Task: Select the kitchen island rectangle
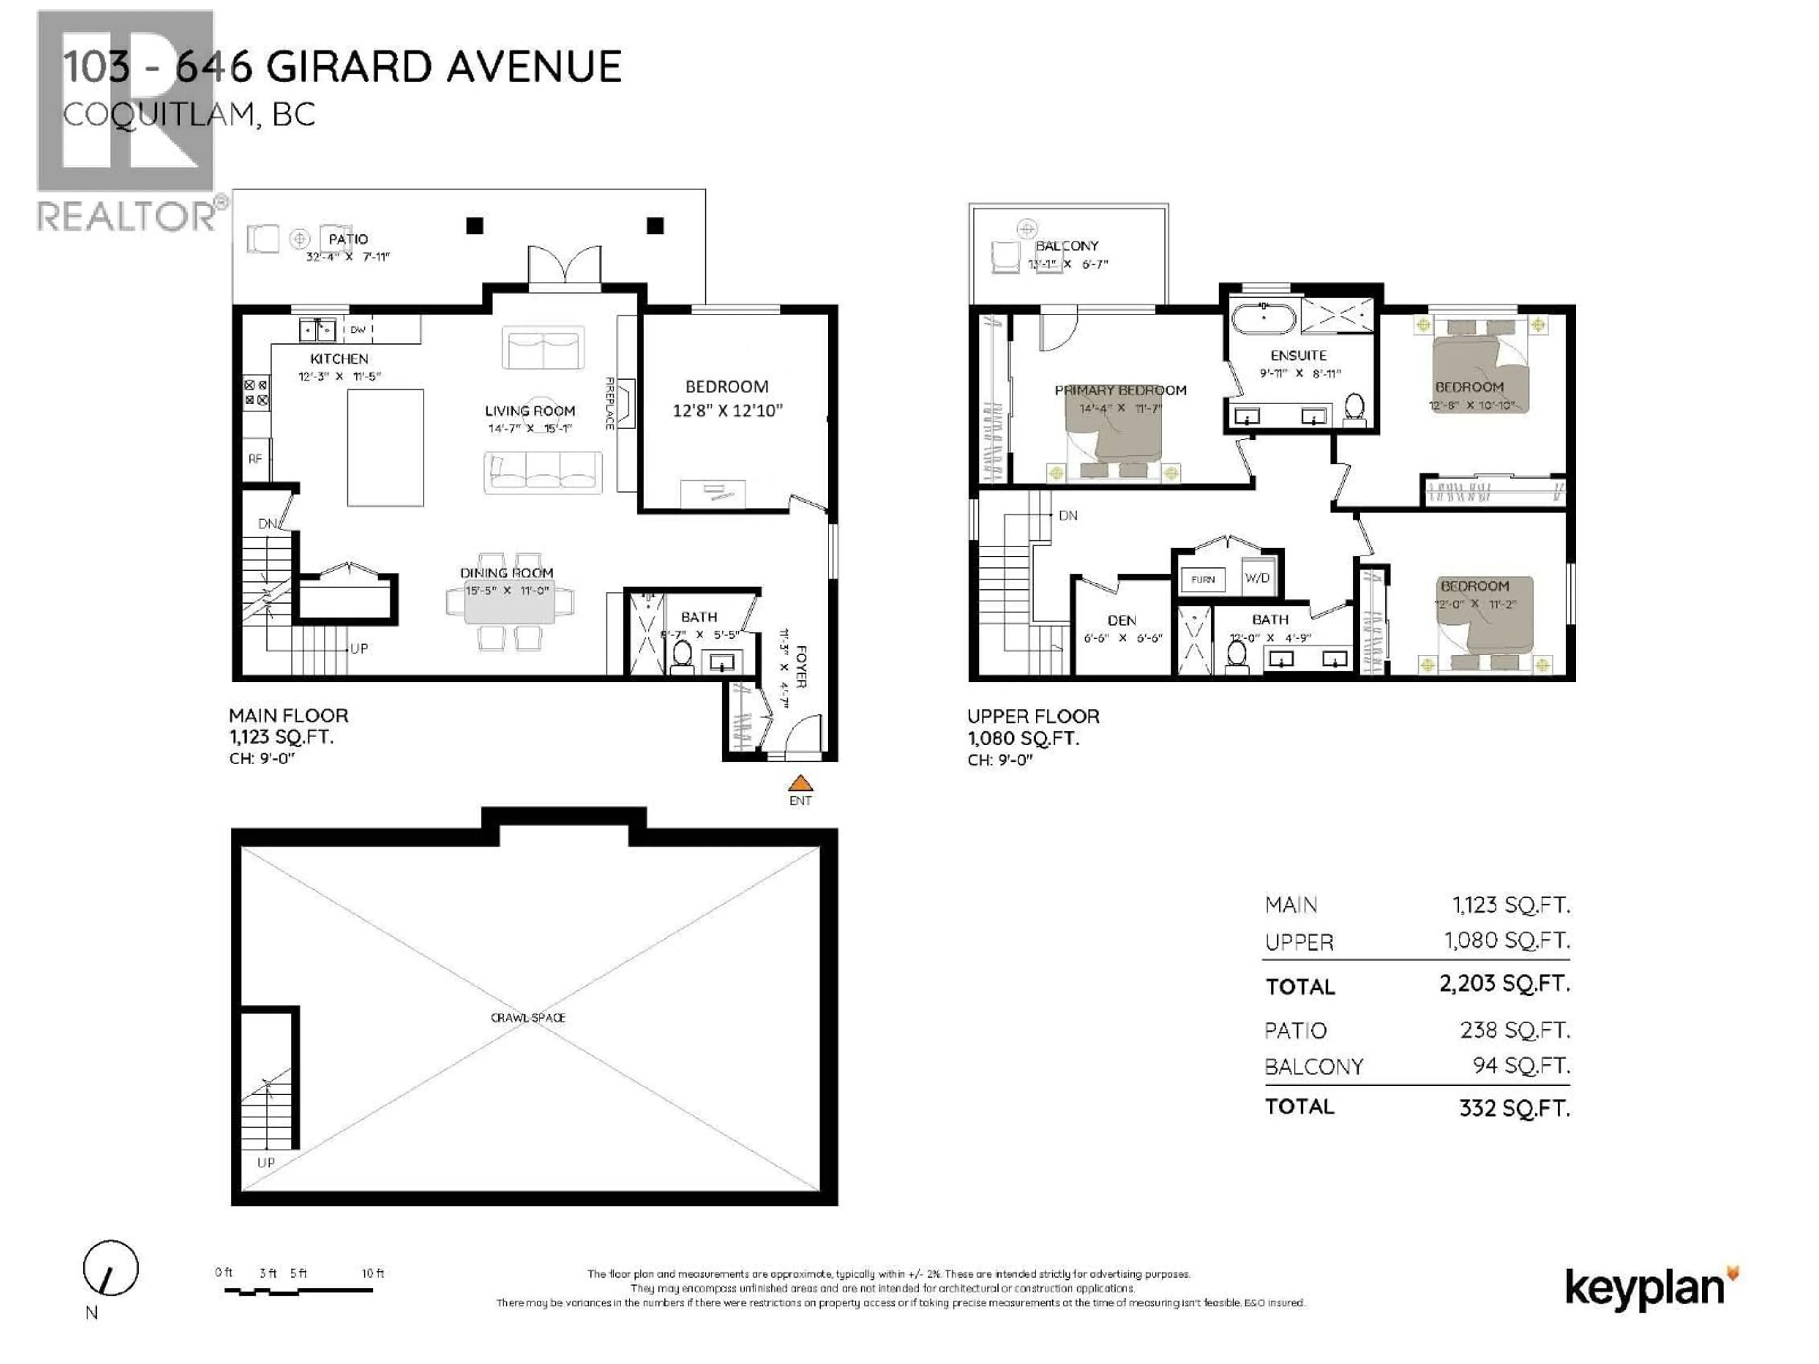pos(385,448)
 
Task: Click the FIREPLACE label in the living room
pos(609,403)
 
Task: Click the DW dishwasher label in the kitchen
pos(358,330)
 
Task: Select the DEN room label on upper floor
pos(1122,621)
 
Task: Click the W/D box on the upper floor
pos(1257,578)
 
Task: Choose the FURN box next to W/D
pos(1202,580)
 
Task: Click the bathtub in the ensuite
pos(1263,317)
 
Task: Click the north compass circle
pos(110,1268)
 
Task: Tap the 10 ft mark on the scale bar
pos(372,1273)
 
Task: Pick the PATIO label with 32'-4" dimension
pos(348,239)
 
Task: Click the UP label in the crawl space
pos(266,1163)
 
